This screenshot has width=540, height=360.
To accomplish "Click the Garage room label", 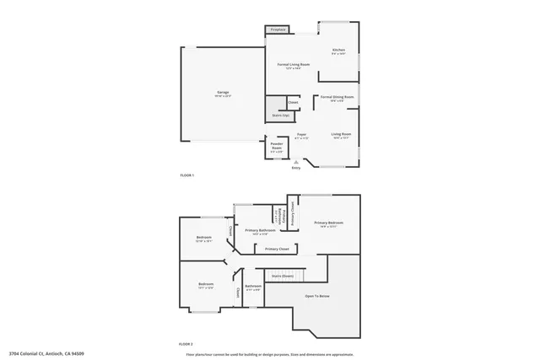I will coord(224,92).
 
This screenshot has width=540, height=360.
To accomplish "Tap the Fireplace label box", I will coord(278,30).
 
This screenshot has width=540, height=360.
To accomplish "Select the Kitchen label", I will coord(338,51).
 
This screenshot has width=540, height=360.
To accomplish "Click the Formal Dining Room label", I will coord(337,97).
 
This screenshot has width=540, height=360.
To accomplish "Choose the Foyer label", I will coord(301,135).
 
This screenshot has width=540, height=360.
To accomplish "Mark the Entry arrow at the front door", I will coord(295,161).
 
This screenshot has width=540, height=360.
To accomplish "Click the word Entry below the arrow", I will coord(295,169).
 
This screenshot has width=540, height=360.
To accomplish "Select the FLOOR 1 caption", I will coord(186,175).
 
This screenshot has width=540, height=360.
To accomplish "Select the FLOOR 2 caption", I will coord(186,344).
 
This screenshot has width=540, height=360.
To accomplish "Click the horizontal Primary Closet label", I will coord(277,249).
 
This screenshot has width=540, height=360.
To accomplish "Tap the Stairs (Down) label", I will coord(282,276).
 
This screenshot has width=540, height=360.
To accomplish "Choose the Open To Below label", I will coord(317,296).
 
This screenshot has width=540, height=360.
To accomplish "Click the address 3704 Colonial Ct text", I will coord(46,353).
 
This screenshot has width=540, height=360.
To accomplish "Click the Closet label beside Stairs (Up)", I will coord(293,103).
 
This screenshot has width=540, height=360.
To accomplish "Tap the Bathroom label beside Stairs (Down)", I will coord(253,286).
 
